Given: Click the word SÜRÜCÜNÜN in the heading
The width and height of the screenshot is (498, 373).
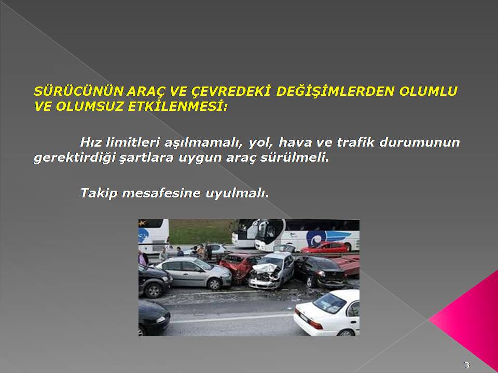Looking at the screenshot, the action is [x=78, y=91].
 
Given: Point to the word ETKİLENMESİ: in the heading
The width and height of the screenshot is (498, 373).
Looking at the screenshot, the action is [x=177, y=107].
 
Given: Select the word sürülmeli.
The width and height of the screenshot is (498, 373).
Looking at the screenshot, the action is [x=295, y=157].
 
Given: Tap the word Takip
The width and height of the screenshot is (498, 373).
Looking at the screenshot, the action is [x=99, y=193].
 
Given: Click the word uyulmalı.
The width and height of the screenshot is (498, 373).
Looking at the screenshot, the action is [x=237, y=193].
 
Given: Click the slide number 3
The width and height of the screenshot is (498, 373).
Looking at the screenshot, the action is [x=466, y=365].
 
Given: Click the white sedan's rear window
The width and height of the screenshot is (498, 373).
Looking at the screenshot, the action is [x=329, y=303].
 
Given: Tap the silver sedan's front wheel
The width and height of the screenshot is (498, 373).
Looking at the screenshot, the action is [x=214, y=284].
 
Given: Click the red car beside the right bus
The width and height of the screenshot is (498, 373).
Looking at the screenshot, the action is [x=325, y=247].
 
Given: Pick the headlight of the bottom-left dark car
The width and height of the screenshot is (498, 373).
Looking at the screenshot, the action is [x=162, y=319].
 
